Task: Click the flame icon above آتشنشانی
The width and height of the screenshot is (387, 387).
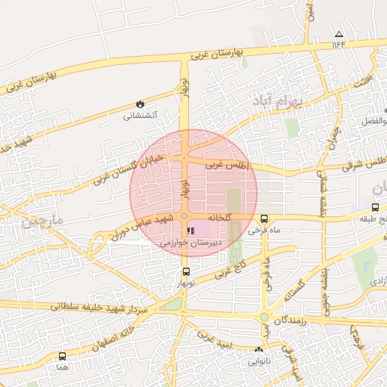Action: pyautogui.click(x=140, y=104)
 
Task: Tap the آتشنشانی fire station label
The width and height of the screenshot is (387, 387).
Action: pyautogui.click(x=140, y=116)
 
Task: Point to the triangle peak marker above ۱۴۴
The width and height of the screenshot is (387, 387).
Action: pyautogui.click(x=339, y=34)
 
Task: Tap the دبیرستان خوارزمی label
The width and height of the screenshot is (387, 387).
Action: pyautogui.click(x=193, y=244)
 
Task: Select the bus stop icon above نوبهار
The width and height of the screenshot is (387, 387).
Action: pyautogui.click(x=185, y=271)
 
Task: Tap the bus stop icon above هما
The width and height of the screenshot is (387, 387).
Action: pyautogui.click(x=62, y=356)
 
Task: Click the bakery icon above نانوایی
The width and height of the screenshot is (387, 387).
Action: pyautogui.click(x=260, y=350)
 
